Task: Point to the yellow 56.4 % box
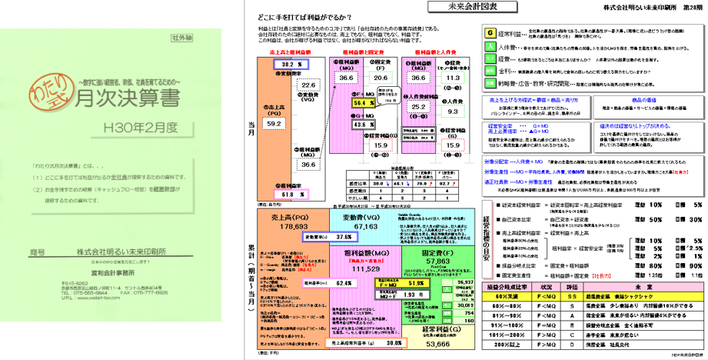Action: tap(361, 102)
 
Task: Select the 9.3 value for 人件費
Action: tap(454, 111)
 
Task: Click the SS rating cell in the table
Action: tap(570, 295)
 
